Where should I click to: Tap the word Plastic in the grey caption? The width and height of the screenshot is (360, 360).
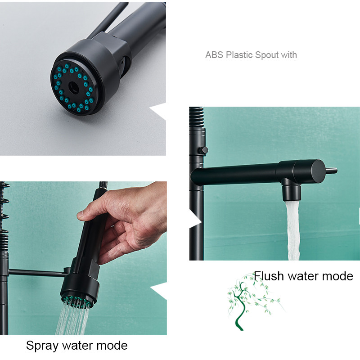[x=239, y=55]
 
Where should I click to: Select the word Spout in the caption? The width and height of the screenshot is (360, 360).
[x=266, y=55]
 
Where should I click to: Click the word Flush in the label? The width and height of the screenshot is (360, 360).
[x=269, y=276]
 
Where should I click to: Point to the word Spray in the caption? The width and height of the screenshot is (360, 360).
[x=42, y=346]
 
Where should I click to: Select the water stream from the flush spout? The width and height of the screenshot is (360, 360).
[x=293, y=231]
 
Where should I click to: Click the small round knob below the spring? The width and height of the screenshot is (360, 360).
[x=203, y=151]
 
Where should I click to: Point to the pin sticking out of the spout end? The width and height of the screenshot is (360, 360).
[x=331, y=171]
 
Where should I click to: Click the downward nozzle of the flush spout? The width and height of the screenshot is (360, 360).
[x=291, y=193]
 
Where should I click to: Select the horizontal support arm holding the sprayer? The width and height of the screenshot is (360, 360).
[x=38, y=273]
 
